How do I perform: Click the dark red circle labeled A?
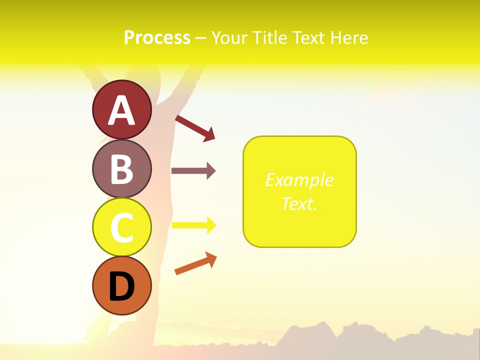point(121,109)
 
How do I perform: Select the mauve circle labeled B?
point(121,168)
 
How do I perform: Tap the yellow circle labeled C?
point(121,227)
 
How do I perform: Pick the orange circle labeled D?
point(121,285)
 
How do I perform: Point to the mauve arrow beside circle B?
point(193,171)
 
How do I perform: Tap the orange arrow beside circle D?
point(195,263)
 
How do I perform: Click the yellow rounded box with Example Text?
point(299,191)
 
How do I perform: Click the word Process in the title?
point(157,37)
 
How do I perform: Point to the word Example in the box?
point(299,180)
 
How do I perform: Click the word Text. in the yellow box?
point(299,203)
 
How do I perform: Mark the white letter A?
point(121,110)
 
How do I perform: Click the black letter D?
point(121,286)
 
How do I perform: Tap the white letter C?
point(121,227)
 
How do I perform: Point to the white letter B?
point(121,169)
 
